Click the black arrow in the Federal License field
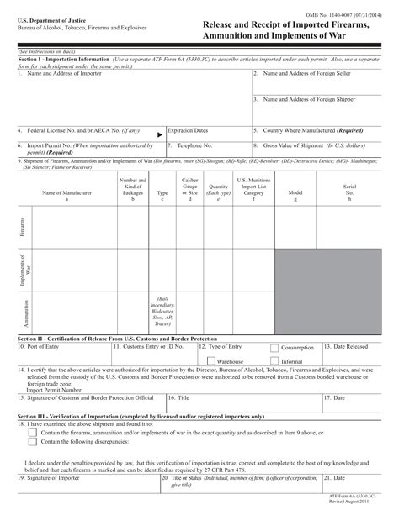159,134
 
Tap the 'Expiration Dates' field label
188,131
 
